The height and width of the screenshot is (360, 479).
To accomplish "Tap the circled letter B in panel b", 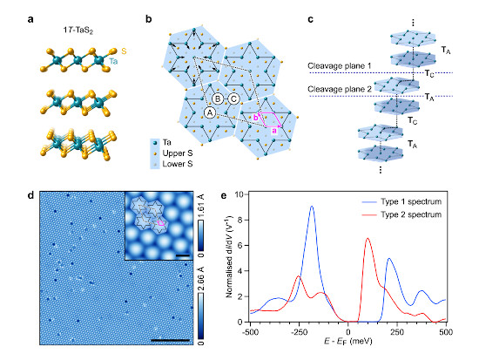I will pyautogui.click(x=219, y=97).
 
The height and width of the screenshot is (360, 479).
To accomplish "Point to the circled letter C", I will pyautogui.click(x=235, y=97).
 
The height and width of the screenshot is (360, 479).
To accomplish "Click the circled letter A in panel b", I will pyautogui.click(x=210, y=112).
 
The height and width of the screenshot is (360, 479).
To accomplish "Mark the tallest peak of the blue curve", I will pyautogui.click(x=312, y=207).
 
